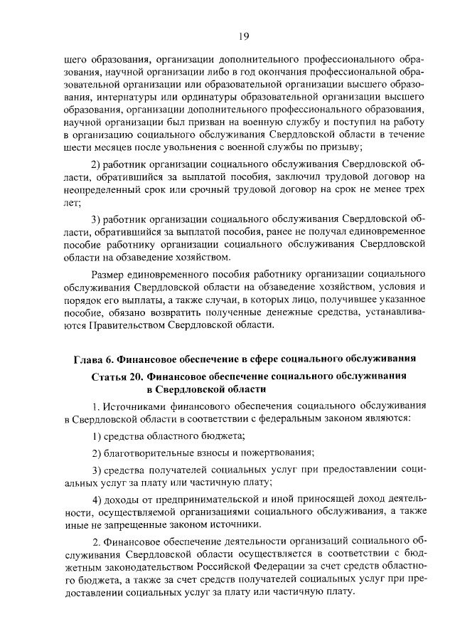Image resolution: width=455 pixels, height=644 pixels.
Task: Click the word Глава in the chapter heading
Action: pos(88,357)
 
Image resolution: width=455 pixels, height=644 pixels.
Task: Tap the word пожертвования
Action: pos(277,453)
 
